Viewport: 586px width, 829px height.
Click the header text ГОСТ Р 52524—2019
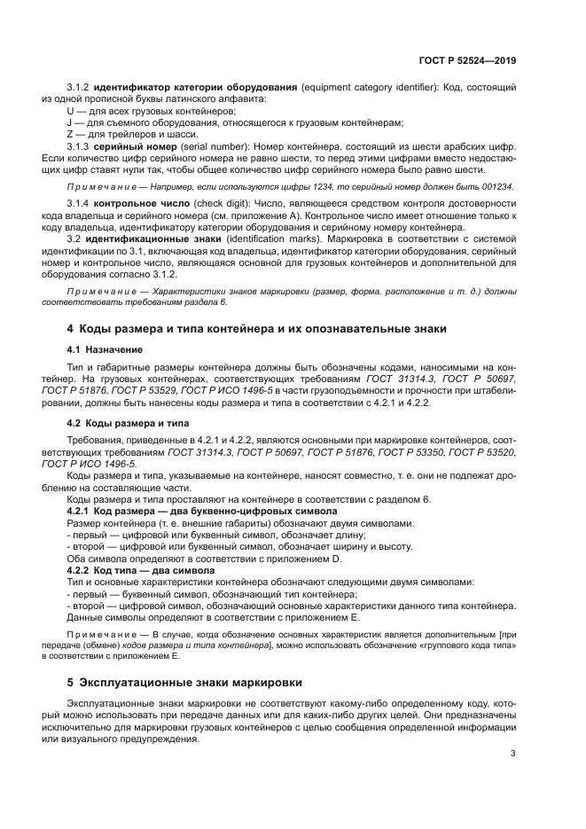pos(467,61)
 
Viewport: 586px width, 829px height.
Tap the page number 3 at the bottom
pos(513,754)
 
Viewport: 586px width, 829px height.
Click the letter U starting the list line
pos(71,113)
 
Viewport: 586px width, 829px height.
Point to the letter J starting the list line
pos(70,123)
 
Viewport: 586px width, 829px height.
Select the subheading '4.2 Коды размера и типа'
pos(123,423)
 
